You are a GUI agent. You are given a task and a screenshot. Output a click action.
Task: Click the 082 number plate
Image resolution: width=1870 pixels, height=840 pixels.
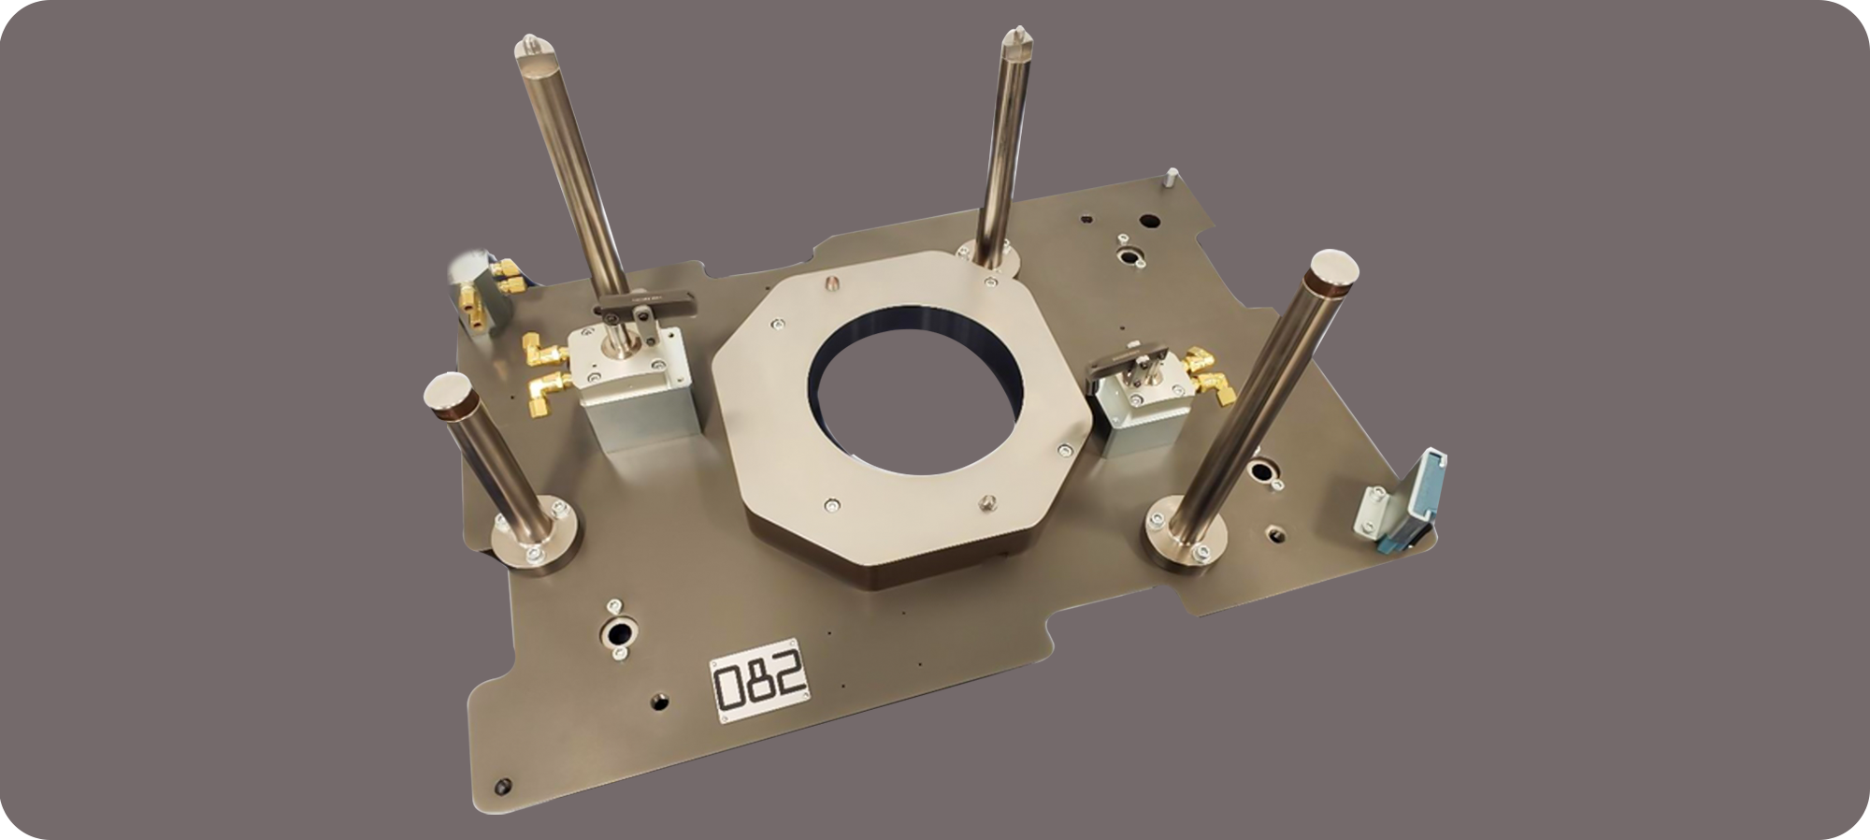[x=760, y=681]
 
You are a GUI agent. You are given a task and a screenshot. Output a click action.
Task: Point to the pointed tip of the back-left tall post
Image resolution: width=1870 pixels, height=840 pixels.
[x=530, y=41]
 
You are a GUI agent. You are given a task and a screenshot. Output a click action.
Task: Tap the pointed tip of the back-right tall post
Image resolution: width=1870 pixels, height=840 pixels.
[x=1014, y=36]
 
